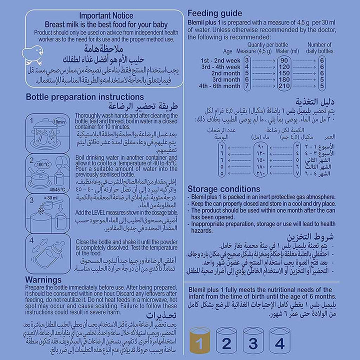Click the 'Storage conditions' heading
[223, 189]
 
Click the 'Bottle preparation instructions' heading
[84, 97]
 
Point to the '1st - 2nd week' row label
[207, 60]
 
